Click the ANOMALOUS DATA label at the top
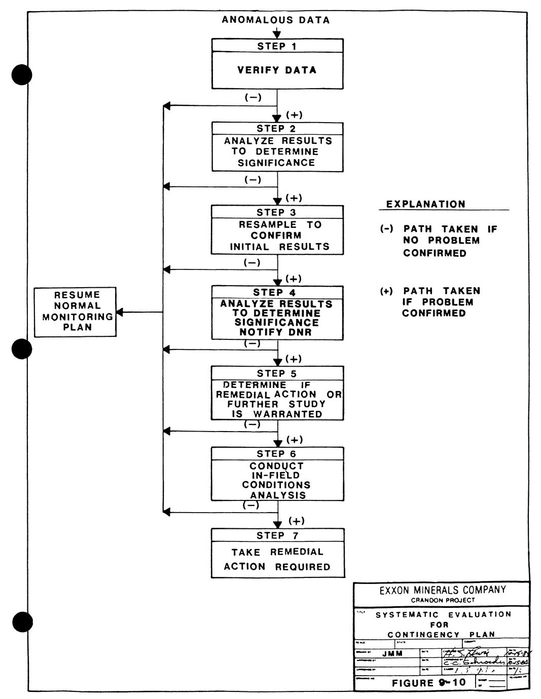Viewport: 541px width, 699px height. click(276, 20)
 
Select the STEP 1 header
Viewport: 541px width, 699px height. click(277, 46)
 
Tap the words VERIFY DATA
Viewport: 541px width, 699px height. click(277, 70)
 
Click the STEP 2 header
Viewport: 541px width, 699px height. click(276, 129)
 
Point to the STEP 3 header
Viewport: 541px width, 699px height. click(276, 212)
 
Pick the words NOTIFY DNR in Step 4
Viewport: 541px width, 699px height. click(277, 332)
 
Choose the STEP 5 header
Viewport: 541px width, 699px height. click(277, 373)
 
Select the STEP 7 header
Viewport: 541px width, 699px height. click(277, 535)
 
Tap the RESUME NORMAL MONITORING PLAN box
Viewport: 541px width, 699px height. click(75, 312)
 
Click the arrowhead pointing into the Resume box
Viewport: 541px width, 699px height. click(121, 312)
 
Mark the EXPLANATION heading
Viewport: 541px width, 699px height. click(425, 205)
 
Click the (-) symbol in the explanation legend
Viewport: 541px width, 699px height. click(387, 229)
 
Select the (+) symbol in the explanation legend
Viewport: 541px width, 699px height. click(387, 291)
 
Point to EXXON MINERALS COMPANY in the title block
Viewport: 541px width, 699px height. click(443, 590)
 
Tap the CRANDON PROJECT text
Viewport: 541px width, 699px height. click(443, 600)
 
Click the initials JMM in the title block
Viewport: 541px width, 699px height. click(392, 653)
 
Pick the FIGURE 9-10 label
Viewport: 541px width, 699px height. click(428, 683)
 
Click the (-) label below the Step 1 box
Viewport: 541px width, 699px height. click(253, 97)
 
